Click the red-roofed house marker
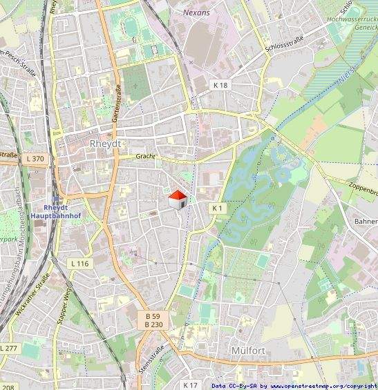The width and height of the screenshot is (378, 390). pos(178,199)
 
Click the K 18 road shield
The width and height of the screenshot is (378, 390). pos(220,84)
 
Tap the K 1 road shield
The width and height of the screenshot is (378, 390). pos(218,208)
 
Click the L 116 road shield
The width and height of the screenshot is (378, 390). pos(80,264)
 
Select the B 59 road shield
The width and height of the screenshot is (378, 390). pos(153,316)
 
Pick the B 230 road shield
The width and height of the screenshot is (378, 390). pos(153,324)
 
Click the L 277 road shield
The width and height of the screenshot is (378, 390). pos(9,348)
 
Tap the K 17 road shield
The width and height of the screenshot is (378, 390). pos(190,384)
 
